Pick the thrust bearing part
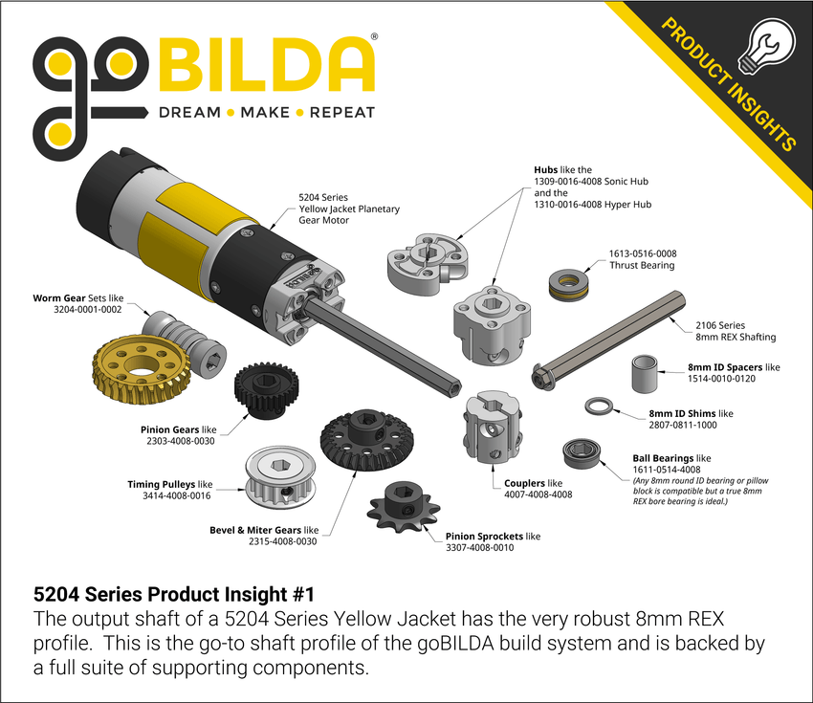(x=567, y=285)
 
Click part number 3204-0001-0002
(x=89, y=310)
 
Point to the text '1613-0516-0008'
(x=642, y=253)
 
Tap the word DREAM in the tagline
(x=188, y=112)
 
